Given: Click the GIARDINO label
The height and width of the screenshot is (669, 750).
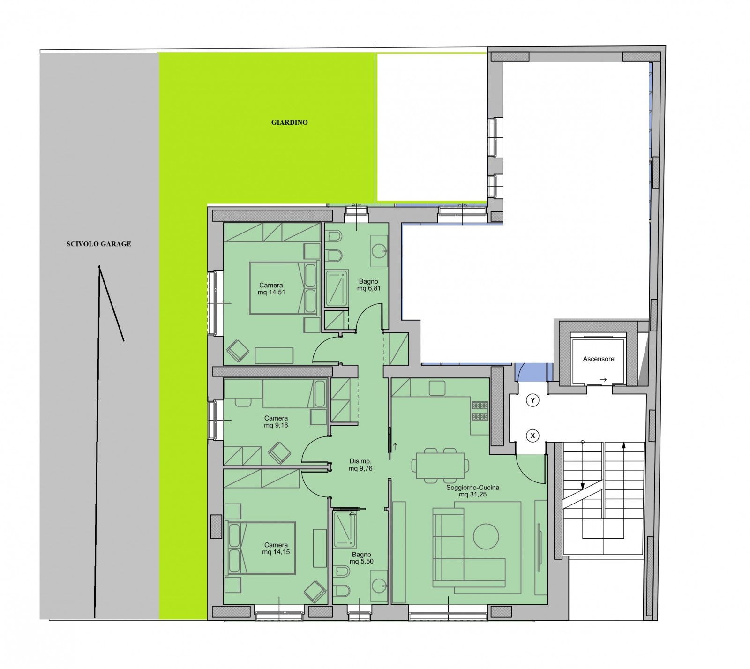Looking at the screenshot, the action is pyautogui.click(x=289, y=122).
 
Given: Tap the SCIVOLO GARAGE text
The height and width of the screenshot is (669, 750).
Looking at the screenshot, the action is pyautogui.click(x=98, y=244).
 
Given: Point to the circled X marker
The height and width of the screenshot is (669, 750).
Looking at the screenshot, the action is pyautogui.click(x=532, y=436).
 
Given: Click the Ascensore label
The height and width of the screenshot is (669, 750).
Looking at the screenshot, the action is pyautogui.click(x=598, y=359).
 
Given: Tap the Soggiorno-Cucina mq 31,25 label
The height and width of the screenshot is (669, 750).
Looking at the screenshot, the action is pyautogui.click(x=472, y=491).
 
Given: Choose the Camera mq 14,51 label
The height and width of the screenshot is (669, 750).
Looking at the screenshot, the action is pyautogui.click(x=271, y=289).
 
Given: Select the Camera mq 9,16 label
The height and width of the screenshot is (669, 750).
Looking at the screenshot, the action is pyautogui.click(x=276, y=421).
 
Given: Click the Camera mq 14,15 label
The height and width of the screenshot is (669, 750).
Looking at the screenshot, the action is pyautogui.click(x=276, y=549).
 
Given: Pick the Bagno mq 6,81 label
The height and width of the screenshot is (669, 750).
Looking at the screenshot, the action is pyautogui.click(x=368, y=285).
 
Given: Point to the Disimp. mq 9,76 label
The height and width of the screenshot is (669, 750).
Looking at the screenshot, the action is pyautogui.click(x=360, y=464).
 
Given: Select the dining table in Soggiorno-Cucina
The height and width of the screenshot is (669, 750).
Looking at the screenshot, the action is pyautogui.click(x=441, y=465).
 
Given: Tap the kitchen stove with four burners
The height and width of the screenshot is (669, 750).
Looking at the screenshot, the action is pyautogui.click(x=480, y=411).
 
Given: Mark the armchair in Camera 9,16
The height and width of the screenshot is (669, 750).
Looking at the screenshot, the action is pyautogui.click(x=280, y=453).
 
